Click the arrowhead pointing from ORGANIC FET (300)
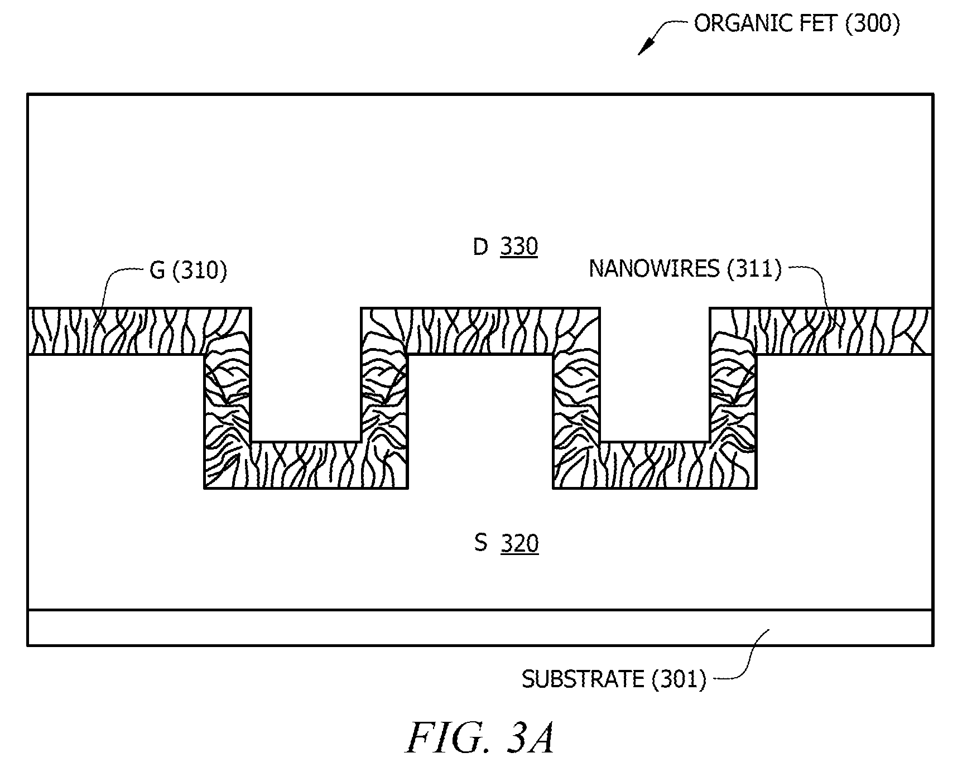pos(644,48)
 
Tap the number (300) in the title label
pos(872,23)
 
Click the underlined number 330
pos(519,247)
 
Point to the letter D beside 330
pos(480,247)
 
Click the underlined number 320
pos(519,543)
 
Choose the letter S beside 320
pos(480,543)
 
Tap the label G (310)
pos(189,271)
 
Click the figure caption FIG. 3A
pos(480,737)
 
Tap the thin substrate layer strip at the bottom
pos(480,628)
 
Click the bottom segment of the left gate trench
pos(306,465)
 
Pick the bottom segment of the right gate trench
pos(655,465)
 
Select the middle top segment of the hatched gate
pos(480,331)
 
